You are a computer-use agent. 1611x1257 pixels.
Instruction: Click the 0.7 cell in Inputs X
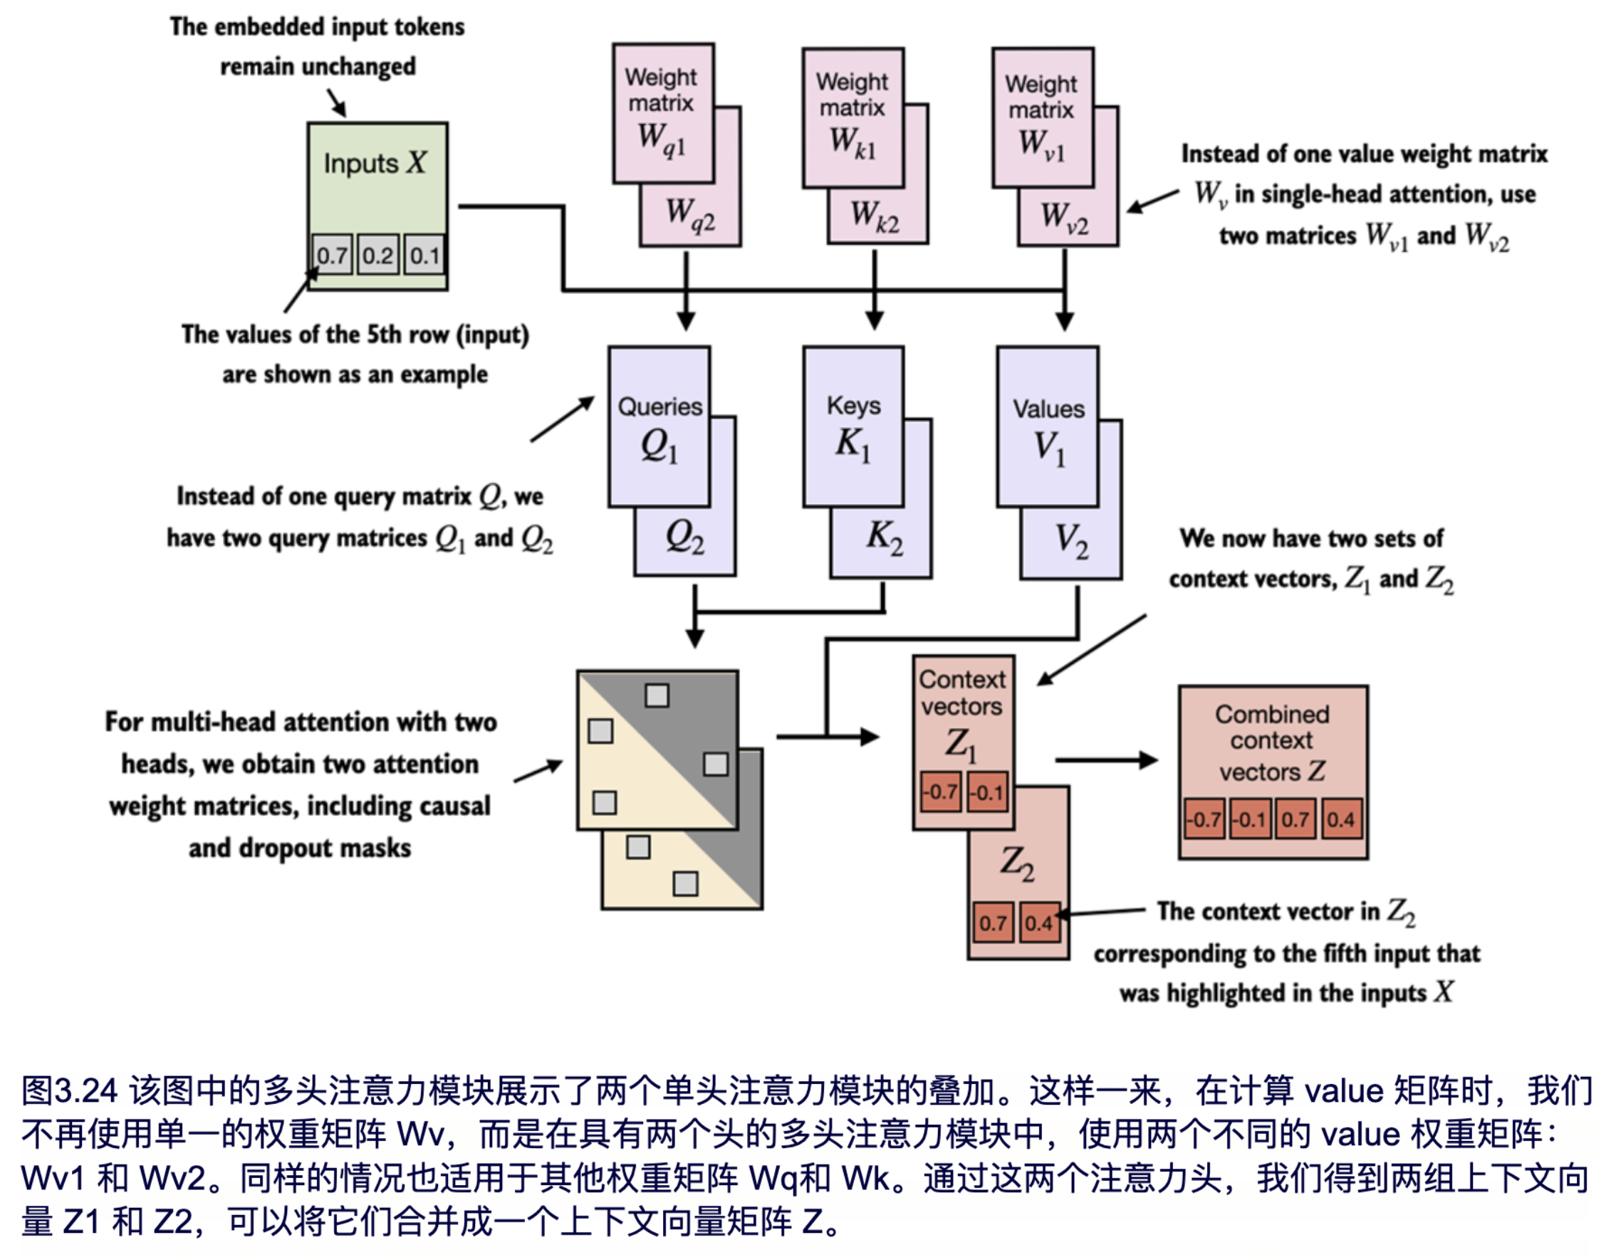point(332,255)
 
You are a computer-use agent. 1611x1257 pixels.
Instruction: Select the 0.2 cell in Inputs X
point(377,255)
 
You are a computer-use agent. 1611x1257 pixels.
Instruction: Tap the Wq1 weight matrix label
point(662,139)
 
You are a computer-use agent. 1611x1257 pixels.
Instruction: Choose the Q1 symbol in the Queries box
point(659,447)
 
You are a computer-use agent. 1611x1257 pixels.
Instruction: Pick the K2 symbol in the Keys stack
point(885,537)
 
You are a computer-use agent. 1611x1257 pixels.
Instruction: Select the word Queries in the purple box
point(659,406)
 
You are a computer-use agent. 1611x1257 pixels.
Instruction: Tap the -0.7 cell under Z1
point(941,791)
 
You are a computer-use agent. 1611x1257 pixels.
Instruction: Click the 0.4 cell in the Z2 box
point(1038,922)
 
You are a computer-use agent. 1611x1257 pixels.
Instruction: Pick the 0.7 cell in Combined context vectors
point(1295,819)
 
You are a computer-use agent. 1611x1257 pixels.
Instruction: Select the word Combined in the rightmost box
point(1272,714)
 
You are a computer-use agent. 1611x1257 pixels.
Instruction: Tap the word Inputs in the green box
point(360,163)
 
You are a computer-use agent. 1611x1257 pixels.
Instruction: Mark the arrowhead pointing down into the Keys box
point(874,320)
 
